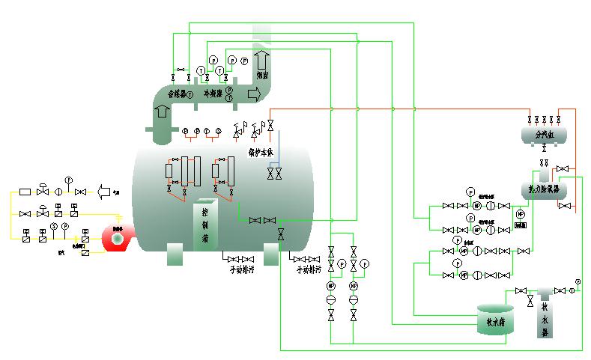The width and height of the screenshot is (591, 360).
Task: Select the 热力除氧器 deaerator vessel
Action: point(544,189)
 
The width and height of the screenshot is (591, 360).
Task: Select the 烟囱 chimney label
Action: point(262,75)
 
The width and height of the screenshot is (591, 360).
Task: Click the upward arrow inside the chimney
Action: point(262,59)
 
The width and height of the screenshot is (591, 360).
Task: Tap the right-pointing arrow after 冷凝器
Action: point(255,94)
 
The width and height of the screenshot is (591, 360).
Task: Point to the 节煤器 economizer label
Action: point(180,95)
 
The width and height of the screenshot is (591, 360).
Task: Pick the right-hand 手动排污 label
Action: point(308,269)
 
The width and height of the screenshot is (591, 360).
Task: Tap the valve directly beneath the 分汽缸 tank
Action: point(544,148)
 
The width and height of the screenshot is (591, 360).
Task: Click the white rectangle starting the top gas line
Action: point(25,192)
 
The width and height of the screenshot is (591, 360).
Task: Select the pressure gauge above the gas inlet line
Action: point(68,180)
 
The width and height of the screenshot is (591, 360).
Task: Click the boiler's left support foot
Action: point(174,254)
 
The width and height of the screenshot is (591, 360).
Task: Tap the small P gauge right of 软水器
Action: point(578,282)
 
